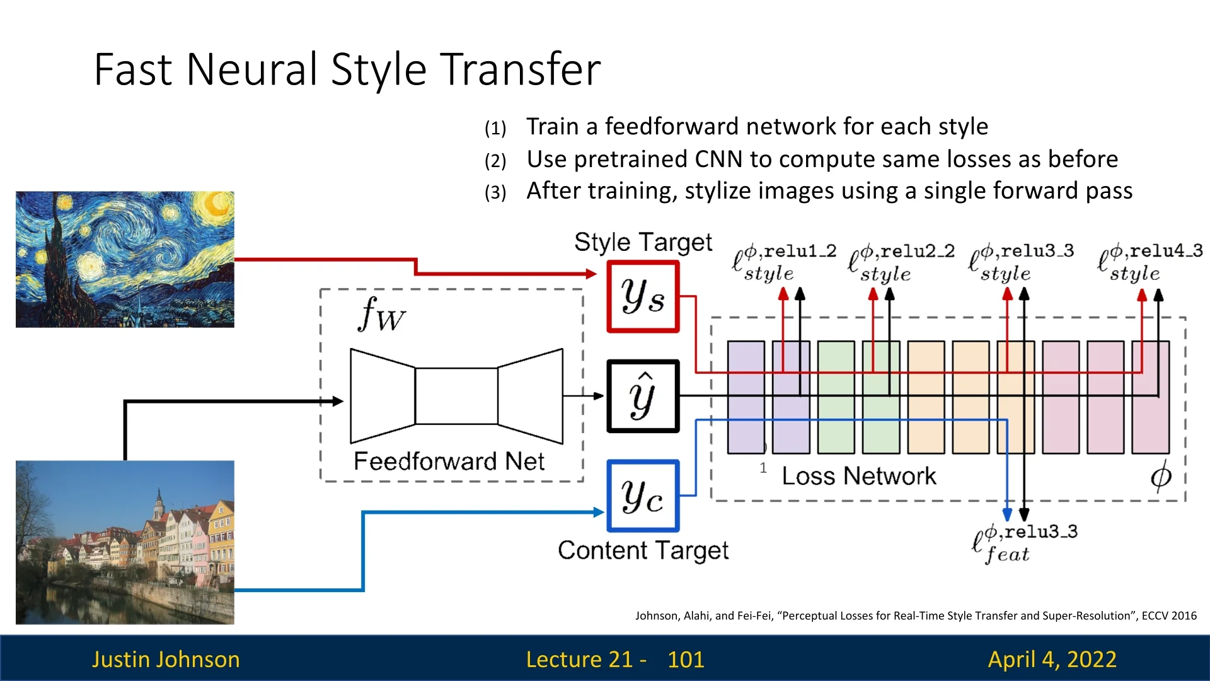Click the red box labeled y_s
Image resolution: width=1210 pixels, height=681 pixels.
pos(643,296)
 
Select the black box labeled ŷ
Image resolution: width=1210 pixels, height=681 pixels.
pos(643,396)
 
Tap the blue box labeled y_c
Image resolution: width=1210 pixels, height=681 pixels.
pos(643,496)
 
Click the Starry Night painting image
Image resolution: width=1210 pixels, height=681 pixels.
pos(125,259)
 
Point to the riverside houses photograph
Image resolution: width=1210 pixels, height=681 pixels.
pos(125,542)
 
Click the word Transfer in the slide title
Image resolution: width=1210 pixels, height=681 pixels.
pos(520,69)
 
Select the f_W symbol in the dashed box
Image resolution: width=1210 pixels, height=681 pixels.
pos(381,314)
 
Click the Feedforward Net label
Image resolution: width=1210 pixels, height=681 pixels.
pos(449,462)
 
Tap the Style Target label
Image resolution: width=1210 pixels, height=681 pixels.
pos(643,242)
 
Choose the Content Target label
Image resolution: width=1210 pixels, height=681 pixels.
pos(643,550)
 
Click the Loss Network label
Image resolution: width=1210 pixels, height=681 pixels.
pos(859,476)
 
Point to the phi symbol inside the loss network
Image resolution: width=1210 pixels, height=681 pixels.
pos(1161,476)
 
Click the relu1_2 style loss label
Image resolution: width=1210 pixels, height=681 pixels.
pos(784,262)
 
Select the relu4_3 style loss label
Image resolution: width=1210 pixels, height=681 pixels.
pos(1150,262)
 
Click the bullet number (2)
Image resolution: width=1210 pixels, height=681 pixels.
pos(495,161)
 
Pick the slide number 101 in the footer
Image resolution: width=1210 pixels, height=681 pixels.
pos(686,660)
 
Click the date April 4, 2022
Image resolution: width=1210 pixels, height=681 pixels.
pos(1052,660)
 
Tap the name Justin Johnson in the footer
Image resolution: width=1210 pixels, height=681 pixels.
pos(166,660)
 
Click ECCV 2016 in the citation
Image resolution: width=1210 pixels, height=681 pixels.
pos(1169,616)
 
